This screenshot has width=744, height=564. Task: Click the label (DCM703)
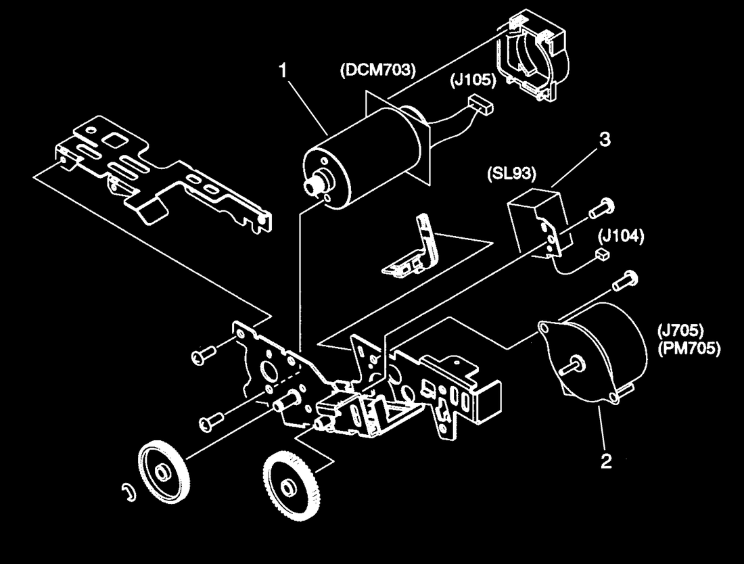click(377, 70)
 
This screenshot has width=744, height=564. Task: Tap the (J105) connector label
click(473, 80)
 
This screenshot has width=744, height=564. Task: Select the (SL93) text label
click(511, 174)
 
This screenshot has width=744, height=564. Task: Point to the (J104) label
click(621, 236)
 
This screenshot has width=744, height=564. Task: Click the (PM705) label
click(689, 348)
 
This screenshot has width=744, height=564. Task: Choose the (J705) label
click(681, 329)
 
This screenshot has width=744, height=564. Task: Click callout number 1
click(283, 71)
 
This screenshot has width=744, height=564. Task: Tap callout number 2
click(606, 461)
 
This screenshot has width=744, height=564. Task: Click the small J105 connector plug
click(480, 105)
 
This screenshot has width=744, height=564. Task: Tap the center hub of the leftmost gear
click(163, 473)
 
